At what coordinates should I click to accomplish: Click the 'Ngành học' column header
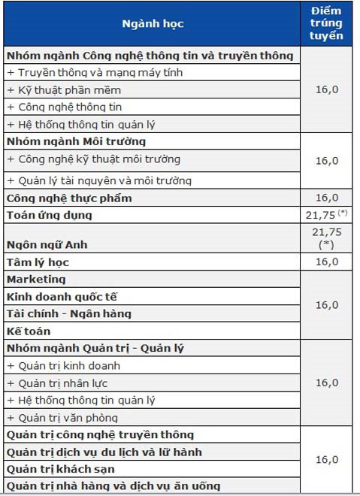pos(153,23)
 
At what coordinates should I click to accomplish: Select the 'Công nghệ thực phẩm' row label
pos(69,198)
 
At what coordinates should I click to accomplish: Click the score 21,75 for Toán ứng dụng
pos(324,215)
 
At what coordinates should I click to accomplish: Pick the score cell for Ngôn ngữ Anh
pos(326,238)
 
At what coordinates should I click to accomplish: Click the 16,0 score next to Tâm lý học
pos(327,262)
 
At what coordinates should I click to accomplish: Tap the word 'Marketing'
pos(36,279)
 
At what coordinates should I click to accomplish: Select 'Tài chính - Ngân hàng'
pos(68,313)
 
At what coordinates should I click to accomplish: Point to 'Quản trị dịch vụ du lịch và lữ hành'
pos(104,452)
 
